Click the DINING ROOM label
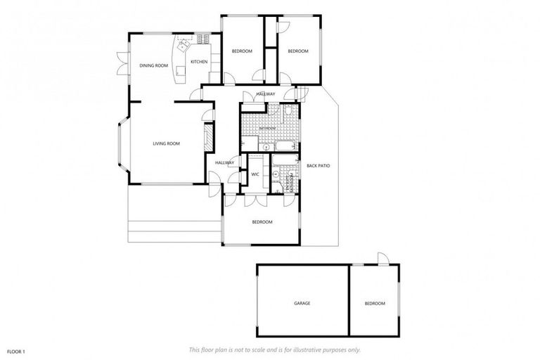(x=153, y=65)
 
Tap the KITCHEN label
(x=199, y=62)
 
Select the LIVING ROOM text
(x=167, y=143)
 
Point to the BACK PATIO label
(x=318, y=166)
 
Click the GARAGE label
(x=302, y=303)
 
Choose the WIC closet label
(x=255, y=174)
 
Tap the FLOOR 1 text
(x=16, y=350)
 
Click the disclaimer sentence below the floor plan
(x=275, y=349)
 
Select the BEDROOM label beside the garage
(x=374, y=303)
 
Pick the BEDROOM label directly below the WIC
(x=262, y=222)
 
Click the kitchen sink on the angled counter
(x=184, y=46)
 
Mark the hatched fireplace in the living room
(x=208, y=138)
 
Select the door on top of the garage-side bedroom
(x=382, y=259)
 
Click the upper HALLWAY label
(x=265, y=94)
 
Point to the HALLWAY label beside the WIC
(x=224, y=162)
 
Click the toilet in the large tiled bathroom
(x=289, y=112)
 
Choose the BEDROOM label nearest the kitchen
(x=242, y=51)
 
